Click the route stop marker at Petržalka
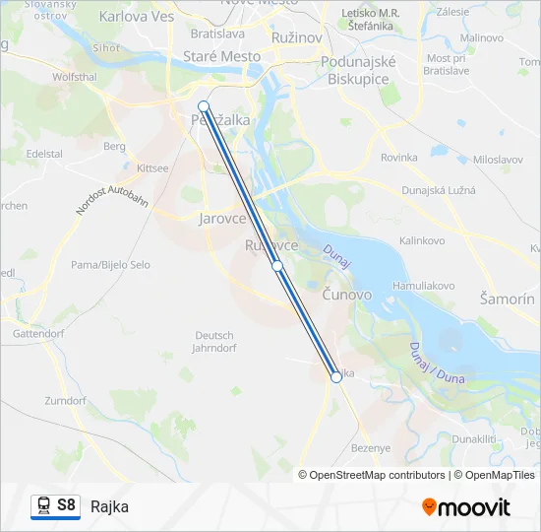click(204, 106)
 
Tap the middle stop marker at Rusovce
click(277, 266)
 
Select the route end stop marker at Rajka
click(336, 376)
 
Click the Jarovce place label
click(222, 219)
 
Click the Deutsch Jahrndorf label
click(213, 341)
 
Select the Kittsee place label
click(152, 168)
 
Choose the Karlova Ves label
click(136, 17)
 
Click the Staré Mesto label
click(222, 57)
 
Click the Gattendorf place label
click(37, 334)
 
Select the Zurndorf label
click(65, 401)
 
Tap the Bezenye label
click(372, 448)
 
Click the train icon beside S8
click(43, 505)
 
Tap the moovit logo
click(466, 507)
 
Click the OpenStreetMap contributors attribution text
click(377, 475)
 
